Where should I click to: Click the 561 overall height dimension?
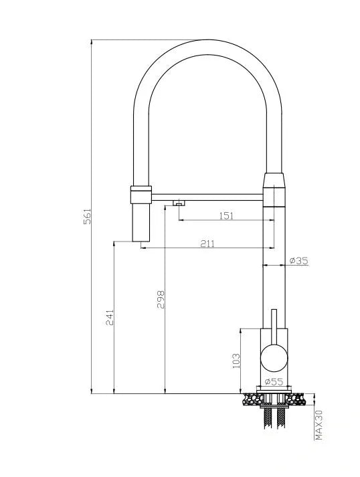(x=87, y=217)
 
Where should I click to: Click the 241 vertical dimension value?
(x=109, y=317)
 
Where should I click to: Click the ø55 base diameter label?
(x=274, y=381)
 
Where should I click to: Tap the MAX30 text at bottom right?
(x=319, y=425)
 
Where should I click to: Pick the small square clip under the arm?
(x=179, y=203)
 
